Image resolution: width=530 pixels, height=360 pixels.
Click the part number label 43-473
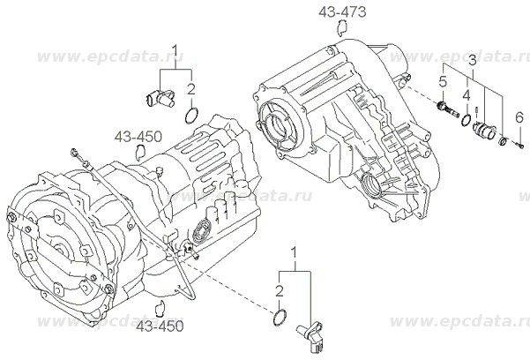[x=345, y=12]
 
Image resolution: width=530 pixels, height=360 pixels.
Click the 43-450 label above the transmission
[x=137, y=137]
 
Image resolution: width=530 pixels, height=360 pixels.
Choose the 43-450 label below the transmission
[x=160, y=326]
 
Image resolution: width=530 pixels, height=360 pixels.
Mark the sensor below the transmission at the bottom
[x=312, y=334]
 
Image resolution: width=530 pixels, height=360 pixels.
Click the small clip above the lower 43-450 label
[x=160, y=308]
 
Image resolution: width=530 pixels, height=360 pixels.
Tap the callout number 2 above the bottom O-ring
[x=279, y=290]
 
